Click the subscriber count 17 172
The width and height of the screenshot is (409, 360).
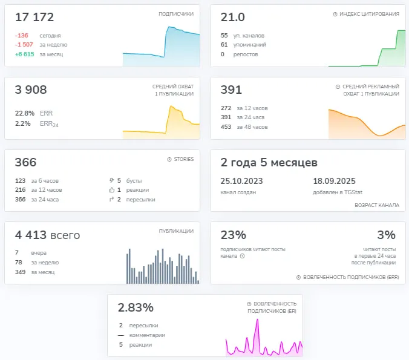34,17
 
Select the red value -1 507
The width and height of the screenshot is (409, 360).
24,45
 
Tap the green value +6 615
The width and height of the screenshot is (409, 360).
25,54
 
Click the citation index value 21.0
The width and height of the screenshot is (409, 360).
233,17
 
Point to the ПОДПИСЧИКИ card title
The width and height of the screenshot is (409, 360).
176,14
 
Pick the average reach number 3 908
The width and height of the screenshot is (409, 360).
31,90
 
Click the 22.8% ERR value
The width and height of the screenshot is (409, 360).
25,113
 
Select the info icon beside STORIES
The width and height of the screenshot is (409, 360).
169,159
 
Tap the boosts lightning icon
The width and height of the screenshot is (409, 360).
112,180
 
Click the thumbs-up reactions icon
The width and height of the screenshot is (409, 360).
112,190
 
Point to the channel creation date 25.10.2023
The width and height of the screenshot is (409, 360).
241,181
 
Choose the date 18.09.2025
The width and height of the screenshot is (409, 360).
334,181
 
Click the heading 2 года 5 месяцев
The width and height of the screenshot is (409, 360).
269,163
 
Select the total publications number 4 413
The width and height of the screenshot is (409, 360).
31,235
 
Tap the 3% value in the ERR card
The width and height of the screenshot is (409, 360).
386,235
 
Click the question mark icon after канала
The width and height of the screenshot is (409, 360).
243,256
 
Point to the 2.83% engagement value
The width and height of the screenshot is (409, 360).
136,307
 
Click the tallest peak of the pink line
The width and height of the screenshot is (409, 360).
258,319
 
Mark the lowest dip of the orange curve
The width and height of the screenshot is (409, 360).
379,136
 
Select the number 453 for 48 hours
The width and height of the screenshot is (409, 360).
226,127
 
